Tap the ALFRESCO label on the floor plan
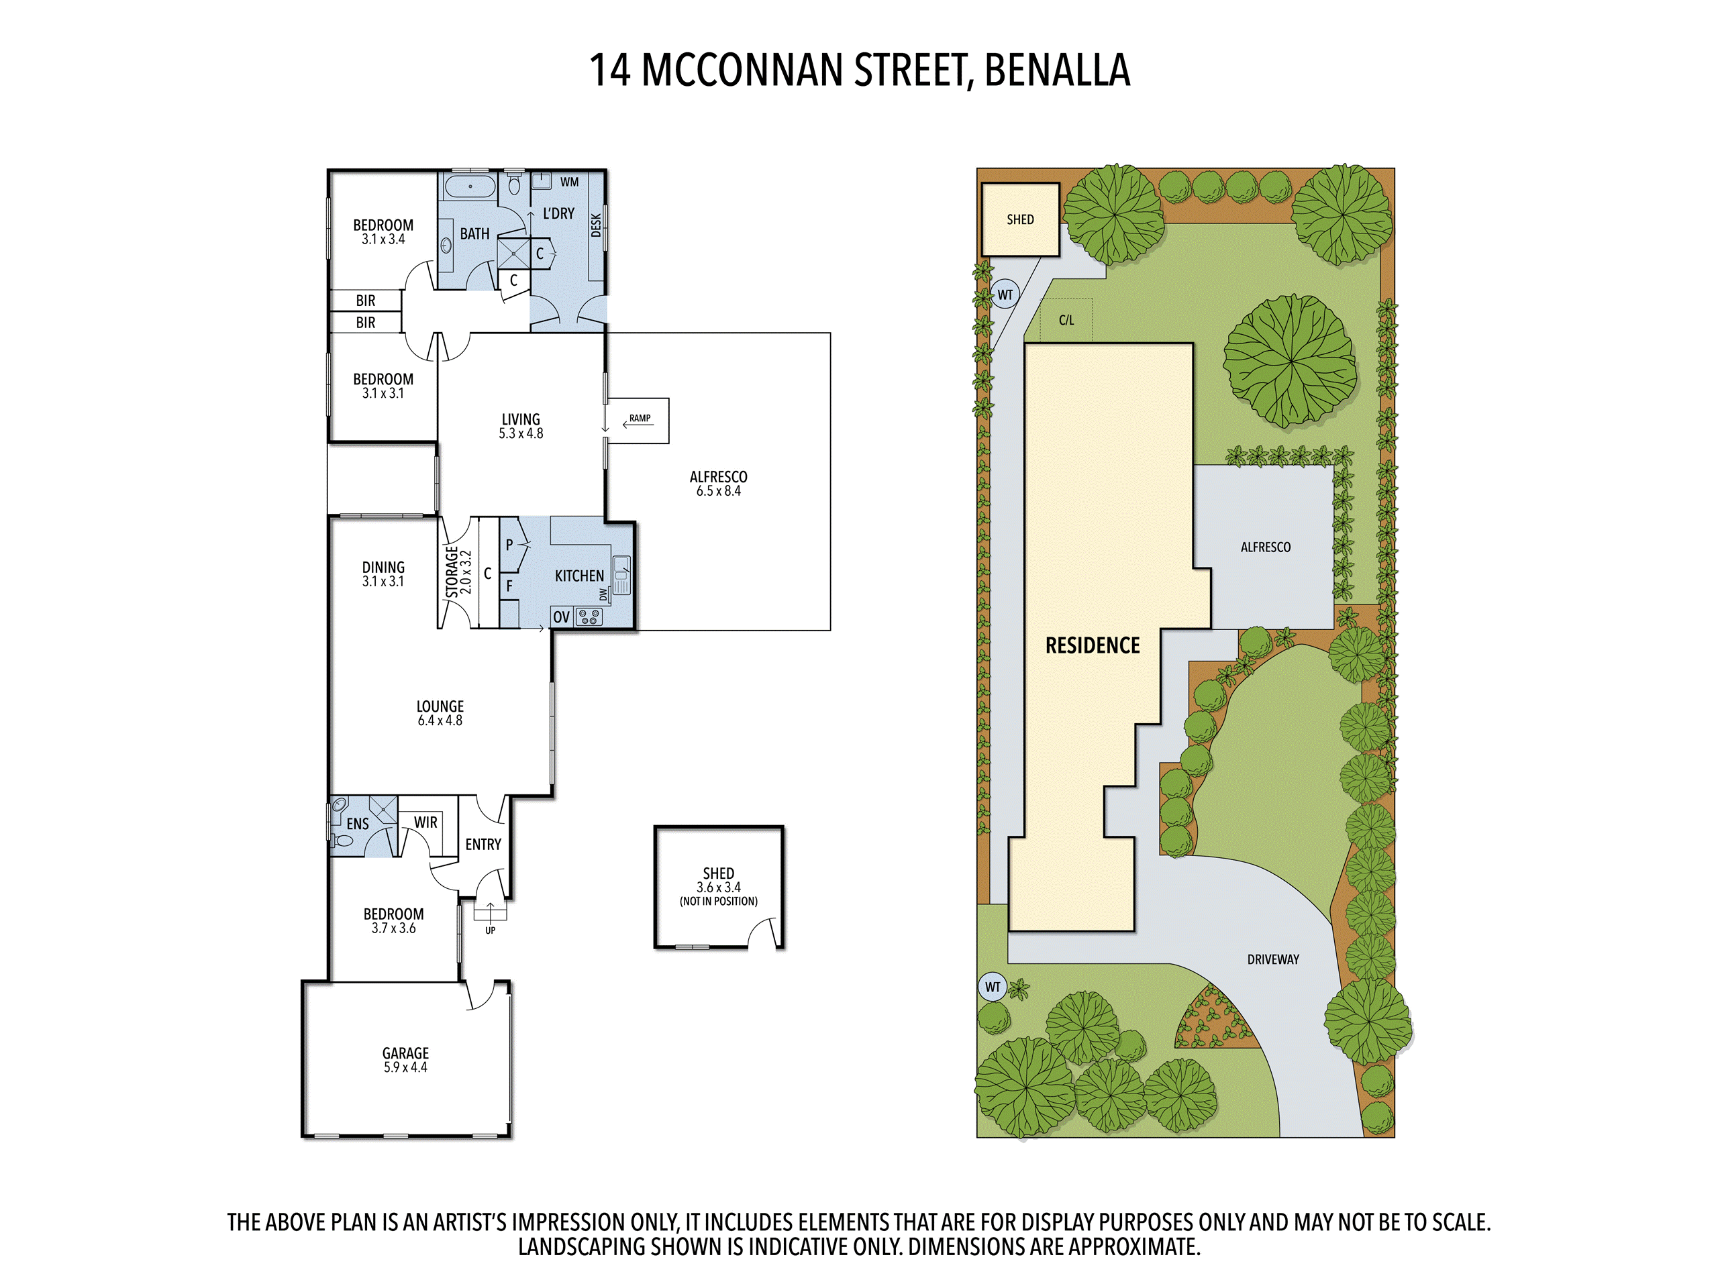click(x=719, y=477)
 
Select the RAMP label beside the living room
click(x=640, y=418)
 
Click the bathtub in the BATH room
click(x=470, y=186)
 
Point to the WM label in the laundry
click(x=569, y=182)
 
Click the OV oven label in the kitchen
click(x=562, y=617)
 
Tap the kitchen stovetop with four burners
click(x=589, y=617)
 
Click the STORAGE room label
click(x=451, y=572)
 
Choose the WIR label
click(x=425, y=822)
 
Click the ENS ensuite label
click(x=357, y=824)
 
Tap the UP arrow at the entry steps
click(x=490, y=911)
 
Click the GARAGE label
click(x=405, y=1053)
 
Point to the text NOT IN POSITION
click(x=719, y=902)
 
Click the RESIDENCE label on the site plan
click(x=1092, y=645)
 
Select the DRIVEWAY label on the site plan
click(x=1273, y=959)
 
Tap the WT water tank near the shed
click(x=1005, y=295)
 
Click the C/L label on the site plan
click(x=1066, y=320)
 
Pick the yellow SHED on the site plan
click(x=1020, y=220)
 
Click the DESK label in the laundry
click(x=596, y=225)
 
